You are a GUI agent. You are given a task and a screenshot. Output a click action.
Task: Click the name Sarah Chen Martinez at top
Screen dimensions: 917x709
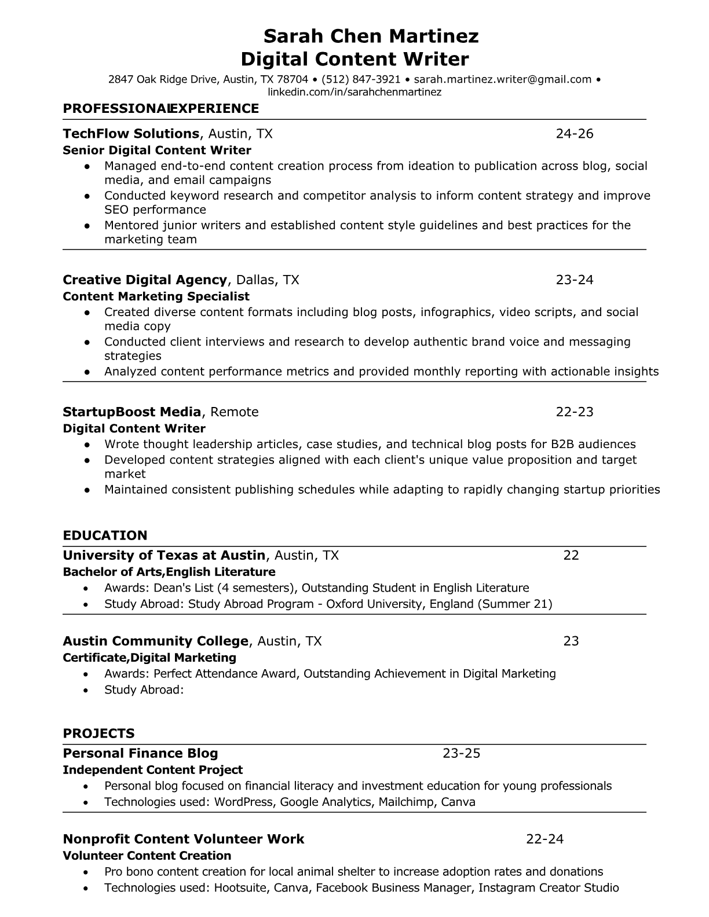click(371, 36)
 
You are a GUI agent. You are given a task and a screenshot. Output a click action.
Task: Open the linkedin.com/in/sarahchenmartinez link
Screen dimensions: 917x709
click(355, 92)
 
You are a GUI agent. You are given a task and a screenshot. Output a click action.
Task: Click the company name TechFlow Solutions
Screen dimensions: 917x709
click(131, 134)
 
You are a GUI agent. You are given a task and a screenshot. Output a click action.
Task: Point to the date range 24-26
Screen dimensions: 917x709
click(575, 134)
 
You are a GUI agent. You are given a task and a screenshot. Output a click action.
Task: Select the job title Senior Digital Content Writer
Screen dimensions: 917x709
click(157, 151)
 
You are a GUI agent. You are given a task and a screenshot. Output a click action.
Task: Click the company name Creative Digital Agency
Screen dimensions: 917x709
click(145, 280)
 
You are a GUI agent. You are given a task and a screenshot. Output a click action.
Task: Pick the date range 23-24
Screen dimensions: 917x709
click(575, 280)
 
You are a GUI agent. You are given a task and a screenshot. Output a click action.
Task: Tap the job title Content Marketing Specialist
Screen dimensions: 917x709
click(156, 296)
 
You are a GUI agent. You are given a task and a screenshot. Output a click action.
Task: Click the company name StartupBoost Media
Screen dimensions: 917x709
click(132, 412)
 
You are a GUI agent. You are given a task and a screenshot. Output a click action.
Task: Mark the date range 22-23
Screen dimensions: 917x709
click(575, 412)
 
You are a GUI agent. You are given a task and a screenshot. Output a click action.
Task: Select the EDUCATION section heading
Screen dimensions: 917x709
click(105, 535)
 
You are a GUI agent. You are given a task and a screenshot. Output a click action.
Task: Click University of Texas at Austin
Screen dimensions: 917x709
click(164, 556)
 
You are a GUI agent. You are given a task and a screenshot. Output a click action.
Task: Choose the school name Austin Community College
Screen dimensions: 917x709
click(155, 641)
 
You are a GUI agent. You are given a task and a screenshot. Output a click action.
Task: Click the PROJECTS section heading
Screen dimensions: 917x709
click(98, 733)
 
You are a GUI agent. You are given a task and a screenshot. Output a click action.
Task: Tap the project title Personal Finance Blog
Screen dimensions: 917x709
click(140, 753)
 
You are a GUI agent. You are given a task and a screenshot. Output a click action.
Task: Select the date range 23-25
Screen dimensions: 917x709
click(462, 753)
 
